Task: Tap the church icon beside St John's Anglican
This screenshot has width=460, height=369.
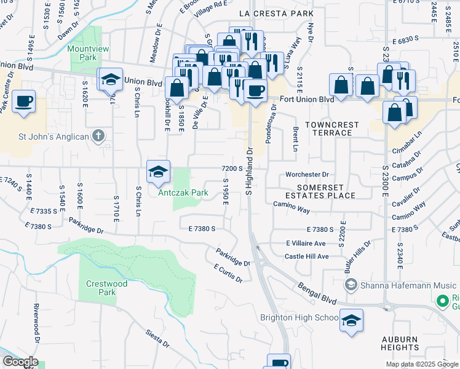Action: pos(98,136)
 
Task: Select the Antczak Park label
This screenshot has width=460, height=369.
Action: pos(183,193)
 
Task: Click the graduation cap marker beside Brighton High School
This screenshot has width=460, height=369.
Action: pos(351,320)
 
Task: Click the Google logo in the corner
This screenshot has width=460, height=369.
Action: pos(20,362)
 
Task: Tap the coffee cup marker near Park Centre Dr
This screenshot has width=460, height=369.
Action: pos(23,101)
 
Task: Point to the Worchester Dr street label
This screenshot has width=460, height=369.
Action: pos(307,175)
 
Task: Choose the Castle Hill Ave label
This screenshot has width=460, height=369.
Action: pos(307,256)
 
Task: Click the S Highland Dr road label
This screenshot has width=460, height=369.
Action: pos(250,171)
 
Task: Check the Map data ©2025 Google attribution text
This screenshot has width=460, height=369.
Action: pos(421,364)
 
